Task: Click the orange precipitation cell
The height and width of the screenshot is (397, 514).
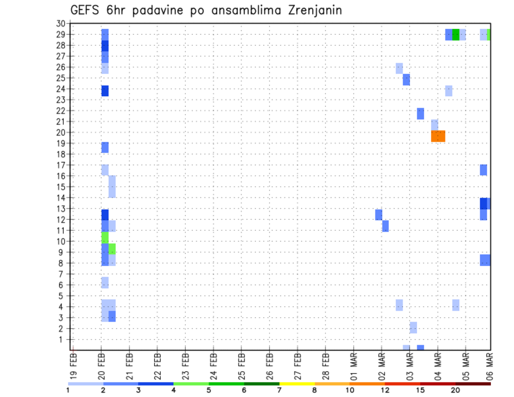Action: pyautogui.click(x=438, y=136)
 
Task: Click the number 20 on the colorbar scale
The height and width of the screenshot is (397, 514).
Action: pyautogui.click(x=456, y=390)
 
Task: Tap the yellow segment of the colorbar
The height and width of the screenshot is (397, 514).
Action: pyautogui.click(x=297, y=384)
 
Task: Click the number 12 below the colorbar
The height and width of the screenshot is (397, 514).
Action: pyautogui.click(x=385, y=390)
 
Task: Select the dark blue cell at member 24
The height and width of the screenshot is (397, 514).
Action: pyautogui.click(x=105, y=91)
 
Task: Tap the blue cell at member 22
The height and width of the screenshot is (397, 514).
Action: pyautogui.click(x=420, y=113)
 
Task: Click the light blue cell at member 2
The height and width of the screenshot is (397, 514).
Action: pyautogui.click(x=413, y=327)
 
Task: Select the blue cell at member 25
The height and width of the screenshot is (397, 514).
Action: pyautogui.click(x=406, y=80)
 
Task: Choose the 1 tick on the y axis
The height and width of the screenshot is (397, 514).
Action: pyautogui.click(x=63, y=339)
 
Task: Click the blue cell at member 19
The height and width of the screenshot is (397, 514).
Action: pyautogui.click(x=105, y=147)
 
